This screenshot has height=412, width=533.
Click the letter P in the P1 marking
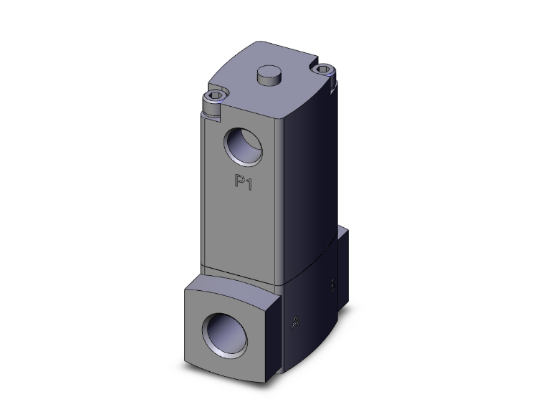point(241,182)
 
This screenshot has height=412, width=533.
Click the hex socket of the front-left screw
point(213,97)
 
